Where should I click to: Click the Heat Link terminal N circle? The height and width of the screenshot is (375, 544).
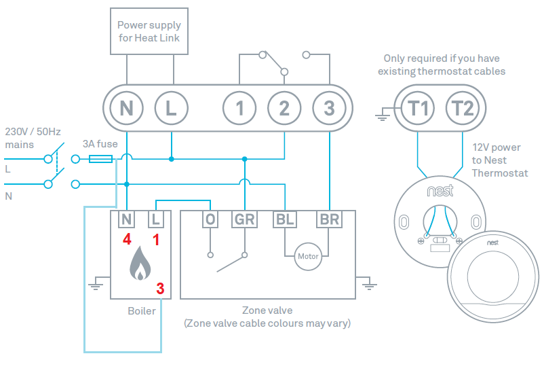coord(127,107)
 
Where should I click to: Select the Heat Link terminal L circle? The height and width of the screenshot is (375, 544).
coord(172,107)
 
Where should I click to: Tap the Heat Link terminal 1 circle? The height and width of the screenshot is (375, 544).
coord(240,107)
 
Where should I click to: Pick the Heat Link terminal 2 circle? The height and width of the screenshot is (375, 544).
coord(285,107)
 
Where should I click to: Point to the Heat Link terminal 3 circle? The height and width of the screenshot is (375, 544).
coord(329,107)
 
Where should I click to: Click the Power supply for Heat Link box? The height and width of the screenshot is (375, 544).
coord(149,31)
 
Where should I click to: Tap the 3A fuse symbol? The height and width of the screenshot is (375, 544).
coord(100,159)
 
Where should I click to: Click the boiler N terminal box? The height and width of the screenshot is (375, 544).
coord(127,219)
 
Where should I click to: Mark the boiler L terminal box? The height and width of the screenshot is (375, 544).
coord(156,219)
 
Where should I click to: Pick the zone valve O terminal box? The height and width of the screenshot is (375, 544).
coord(210,219)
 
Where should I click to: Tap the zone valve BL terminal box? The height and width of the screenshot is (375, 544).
coord(284,219)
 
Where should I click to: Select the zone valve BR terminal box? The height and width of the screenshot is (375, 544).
coord(329,219)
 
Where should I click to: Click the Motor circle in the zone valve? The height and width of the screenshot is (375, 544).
coord(307,257)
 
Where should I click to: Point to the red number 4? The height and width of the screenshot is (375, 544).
coord(127,239)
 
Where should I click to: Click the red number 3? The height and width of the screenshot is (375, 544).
coord(160,288)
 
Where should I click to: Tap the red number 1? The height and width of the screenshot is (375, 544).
coord(157,239)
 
